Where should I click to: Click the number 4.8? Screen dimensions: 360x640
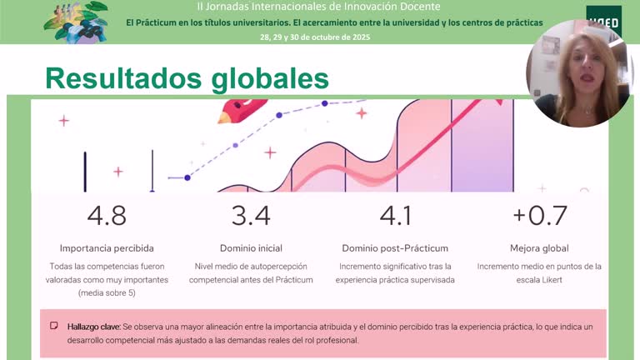click(107, 216)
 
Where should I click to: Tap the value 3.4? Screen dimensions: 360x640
click(251, 216)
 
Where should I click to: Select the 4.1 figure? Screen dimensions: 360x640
click(395, 216)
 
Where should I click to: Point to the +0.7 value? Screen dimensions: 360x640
click(539, 216)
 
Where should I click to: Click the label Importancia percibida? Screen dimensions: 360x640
click(107, 248)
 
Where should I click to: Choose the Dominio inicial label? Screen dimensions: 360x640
click(251, 248)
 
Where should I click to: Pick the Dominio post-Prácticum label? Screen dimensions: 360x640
click(395, 248)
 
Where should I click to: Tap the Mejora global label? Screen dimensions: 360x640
click(539, 248)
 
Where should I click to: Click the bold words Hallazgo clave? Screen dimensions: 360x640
click(93, 327)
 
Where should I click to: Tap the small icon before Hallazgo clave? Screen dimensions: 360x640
click(54, 326)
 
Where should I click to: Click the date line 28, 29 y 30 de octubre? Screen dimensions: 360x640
click(315, 37)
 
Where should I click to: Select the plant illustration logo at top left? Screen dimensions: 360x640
click(76, 21)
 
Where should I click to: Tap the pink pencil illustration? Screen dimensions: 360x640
click(242, 112)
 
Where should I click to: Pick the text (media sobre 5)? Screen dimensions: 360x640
click(107, 293)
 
